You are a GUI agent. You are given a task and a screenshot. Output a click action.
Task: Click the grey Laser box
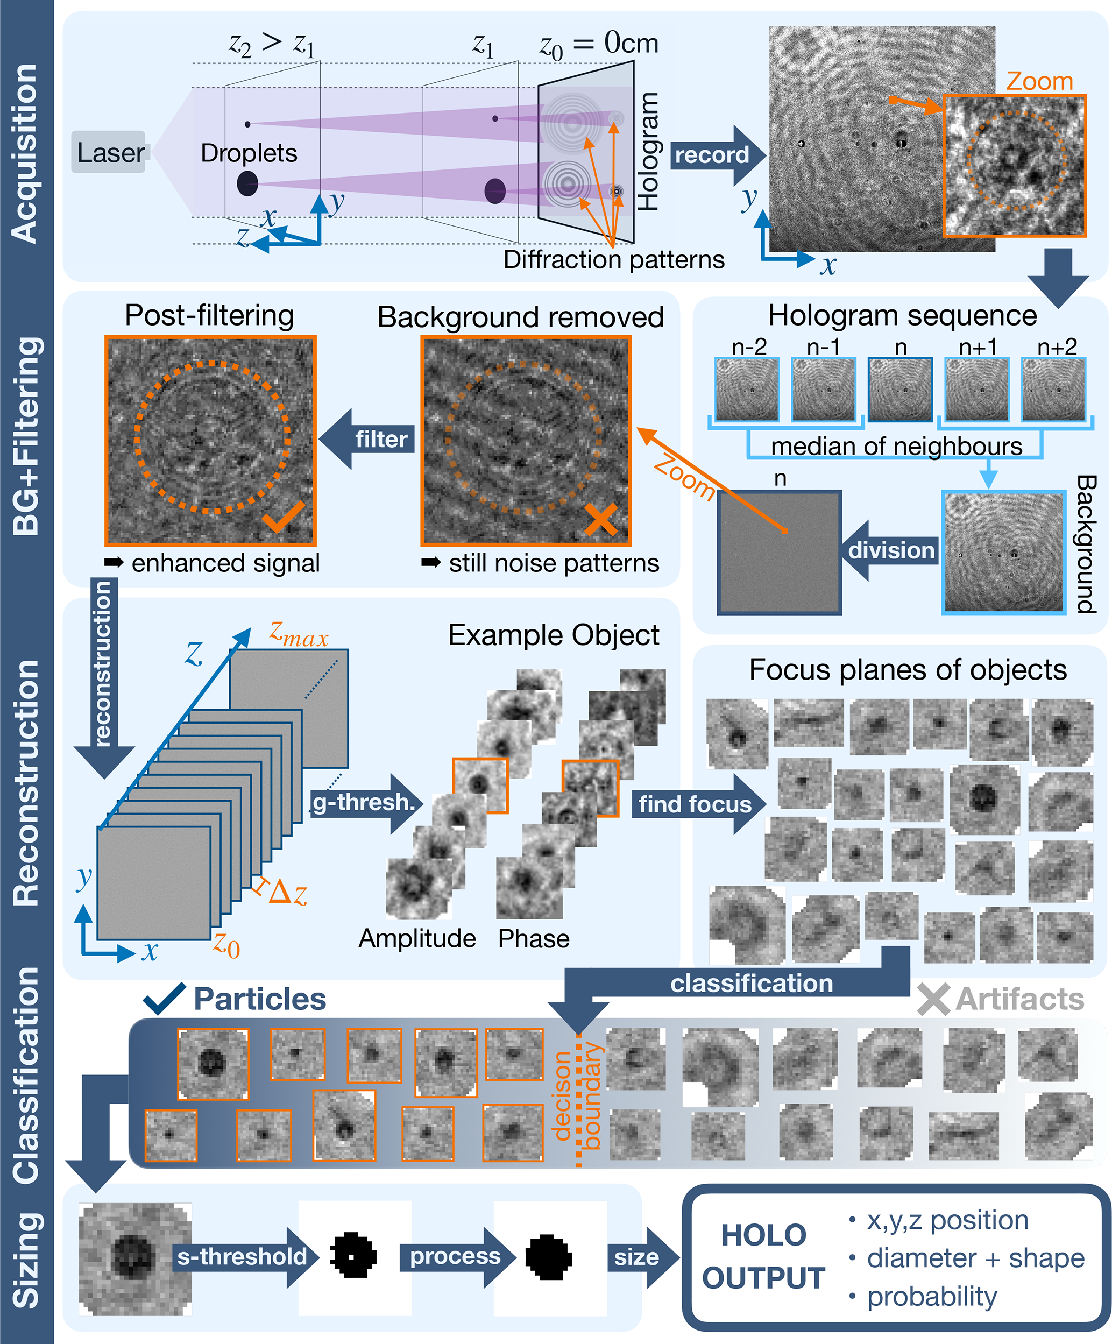coord(109,152)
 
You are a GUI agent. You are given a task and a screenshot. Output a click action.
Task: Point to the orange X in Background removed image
coord(601,519)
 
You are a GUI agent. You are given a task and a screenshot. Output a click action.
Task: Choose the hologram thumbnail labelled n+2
coord(1053,389)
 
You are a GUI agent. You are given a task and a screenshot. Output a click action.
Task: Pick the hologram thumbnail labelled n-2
coord(747,389)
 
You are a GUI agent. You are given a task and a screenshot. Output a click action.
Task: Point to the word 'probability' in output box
coord(932,1296)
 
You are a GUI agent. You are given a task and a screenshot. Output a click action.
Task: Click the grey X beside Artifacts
coord(933,1000)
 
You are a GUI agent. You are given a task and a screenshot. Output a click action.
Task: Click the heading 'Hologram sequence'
coord(902,315)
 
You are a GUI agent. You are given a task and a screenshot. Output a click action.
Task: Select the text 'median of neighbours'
coord(896,446)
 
